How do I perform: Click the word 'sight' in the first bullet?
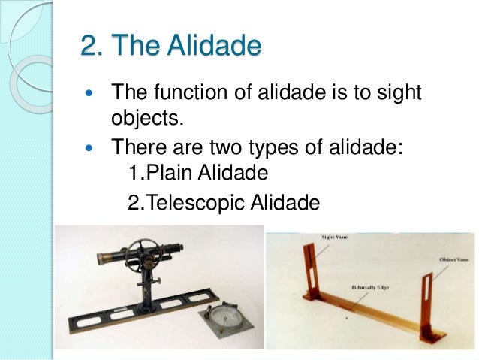pyautogui.click(x=393, y=95)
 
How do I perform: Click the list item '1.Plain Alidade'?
pyautogui.click(x=198, y=174)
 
